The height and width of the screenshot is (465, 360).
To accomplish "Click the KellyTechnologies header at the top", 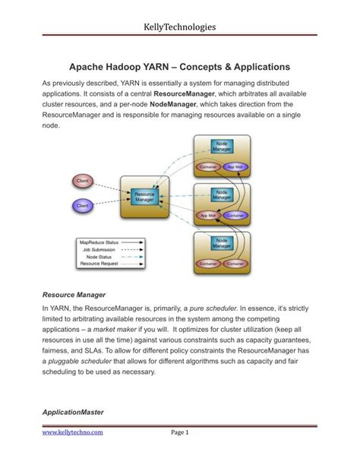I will click(x=179, y=27).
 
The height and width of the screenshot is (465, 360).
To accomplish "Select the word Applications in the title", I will click(x=257, y=67).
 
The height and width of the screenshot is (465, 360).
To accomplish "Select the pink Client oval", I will click(x=84, y=180).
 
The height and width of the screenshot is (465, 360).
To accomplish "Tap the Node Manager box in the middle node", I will click(x=222, y=195).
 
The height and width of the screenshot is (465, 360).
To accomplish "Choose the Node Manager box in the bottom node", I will click(x=222, y=244).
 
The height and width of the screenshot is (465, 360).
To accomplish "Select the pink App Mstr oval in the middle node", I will click(x=207, y=216).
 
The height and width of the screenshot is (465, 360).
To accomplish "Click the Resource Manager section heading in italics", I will click(x=74, y=293).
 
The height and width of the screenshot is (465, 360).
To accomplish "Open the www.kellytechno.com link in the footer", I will click(x=72, y=433).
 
